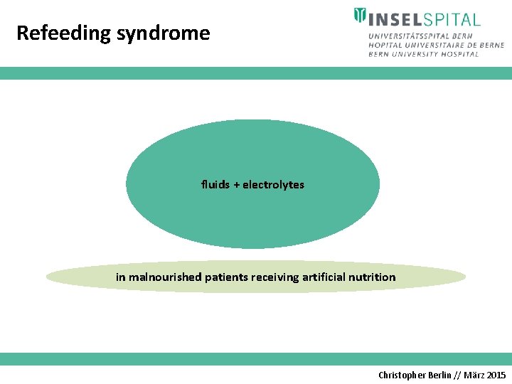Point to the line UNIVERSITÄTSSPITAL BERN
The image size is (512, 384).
tap(420, 36)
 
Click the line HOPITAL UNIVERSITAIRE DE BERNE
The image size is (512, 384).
tap(436, 45)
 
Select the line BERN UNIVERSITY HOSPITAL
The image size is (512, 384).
tap(424, 54)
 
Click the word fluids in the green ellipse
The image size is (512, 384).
tap(215, 184)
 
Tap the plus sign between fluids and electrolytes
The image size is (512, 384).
tap(237, 185)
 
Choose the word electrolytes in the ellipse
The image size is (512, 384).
tap(273, 184)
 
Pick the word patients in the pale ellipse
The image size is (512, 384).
tap(226, 277)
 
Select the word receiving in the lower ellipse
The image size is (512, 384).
tap(276, 277)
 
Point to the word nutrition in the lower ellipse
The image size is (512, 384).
tap(373, 277)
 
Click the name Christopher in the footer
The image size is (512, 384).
tap(403, 375)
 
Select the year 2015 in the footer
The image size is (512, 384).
tap(496, 375)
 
